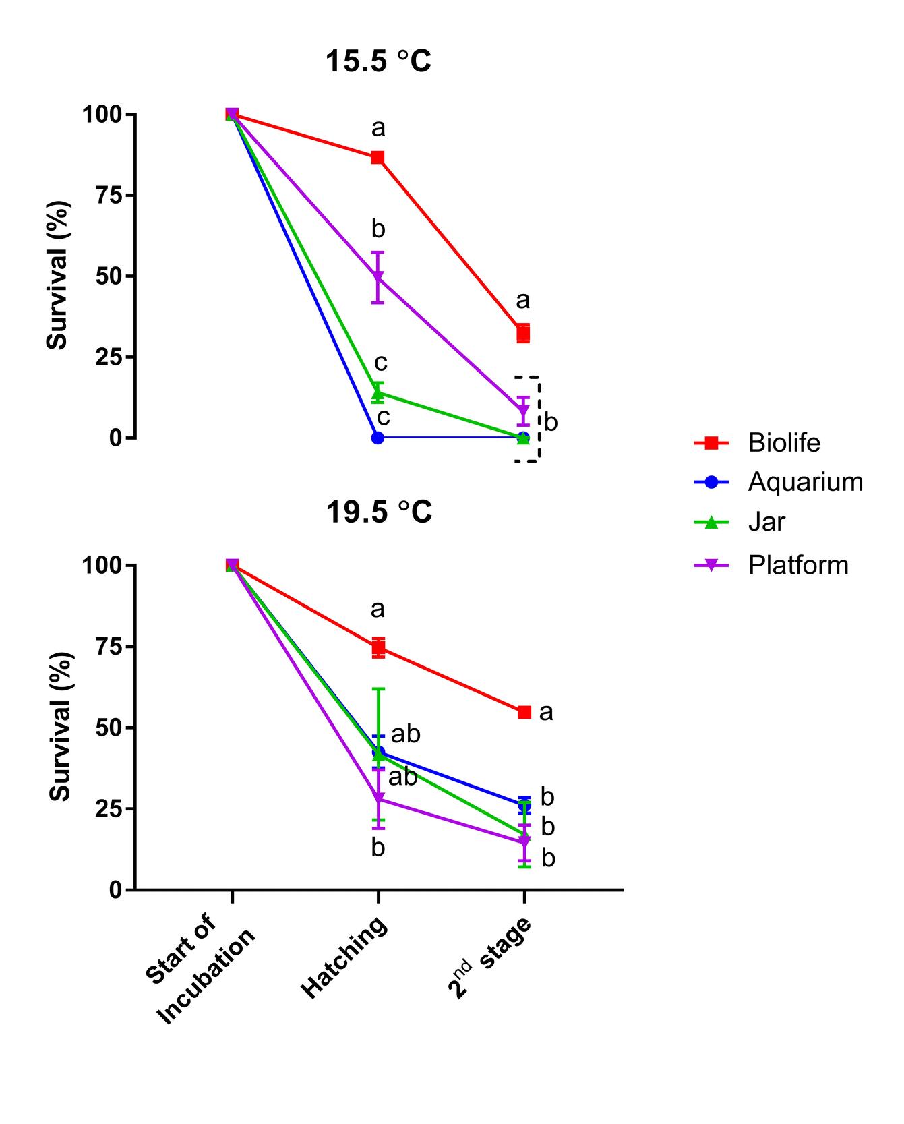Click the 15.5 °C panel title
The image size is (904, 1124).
pyautogui.click(x=378, y=61)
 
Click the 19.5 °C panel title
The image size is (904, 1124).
pyautogui.click(x=378, y=512)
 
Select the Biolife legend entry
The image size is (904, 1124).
pyautogui.click(x=784, y=442)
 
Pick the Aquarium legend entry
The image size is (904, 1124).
pyautogui.click(x=805, y=481)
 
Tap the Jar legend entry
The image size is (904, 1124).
pyautogui.click(x=766, y=522)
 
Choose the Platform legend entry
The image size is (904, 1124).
pyautogui.click(x=798, y=564)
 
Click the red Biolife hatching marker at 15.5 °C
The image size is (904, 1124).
pyautogui.click(x=378, y=158)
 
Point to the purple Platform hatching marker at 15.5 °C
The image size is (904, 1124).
pyautogui.click(x=378, y=276)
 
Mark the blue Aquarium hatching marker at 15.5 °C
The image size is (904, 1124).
pyautogui.click(x=378, y=438)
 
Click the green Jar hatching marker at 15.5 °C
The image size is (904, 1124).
pyautogui.click(x=378, y=392)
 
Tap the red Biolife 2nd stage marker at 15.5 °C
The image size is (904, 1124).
pyautogui.click(x=523, y=333)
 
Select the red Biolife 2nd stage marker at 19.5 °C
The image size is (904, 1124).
pyautogui.click(x=524, y=712)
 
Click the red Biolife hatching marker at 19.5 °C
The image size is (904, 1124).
pyautogui.click(x=378, y=647)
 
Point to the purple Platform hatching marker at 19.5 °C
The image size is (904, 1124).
pyautogui.click(x=378, y=799)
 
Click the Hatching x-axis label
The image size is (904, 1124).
pyautogui.click(x=344, y=957)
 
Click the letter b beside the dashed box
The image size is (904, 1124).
pyautogui.click(x=551, y=423)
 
